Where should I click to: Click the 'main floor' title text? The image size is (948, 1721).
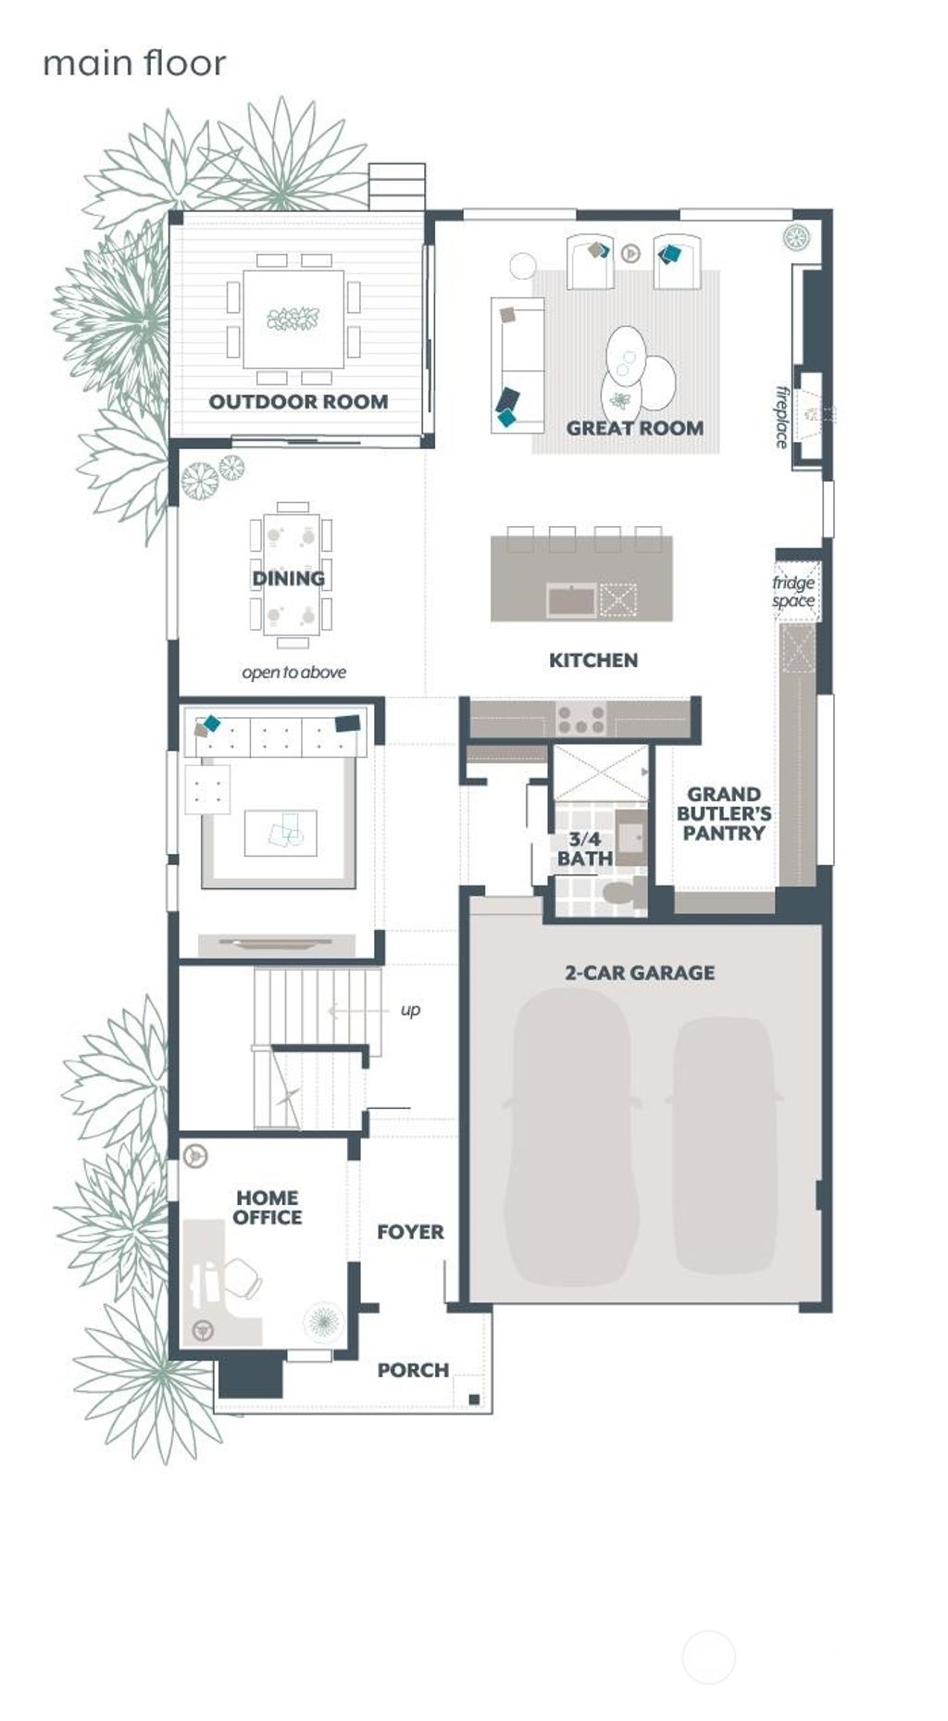134,64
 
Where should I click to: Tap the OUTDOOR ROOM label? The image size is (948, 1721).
298,402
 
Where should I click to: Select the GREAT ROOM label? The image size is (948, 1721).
635,428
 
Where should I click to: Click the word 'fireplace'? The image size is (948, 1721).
783,417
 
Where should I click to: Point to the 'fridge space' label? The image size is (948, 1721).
793,592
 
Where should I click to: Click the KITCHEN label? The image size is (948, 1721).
593,660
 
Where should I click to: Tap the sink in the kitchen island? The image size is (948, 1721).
571,600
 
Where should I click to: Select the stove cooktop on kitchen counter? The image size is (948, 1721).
580,718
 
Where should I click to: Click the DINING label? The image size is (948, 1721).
289,578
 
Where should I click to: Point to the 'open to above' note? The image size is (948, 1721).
294,672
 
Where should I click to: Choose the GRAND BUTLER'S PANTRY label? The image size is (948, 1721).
724,813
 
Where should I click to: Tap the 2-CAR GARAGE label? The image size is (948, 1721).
640,973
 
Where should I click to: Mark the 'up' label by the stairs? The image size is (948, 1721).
410,1010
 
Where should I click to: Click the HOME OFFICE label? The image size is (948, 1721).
268,1208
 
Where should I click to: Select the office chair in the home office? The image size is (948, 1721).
243,1278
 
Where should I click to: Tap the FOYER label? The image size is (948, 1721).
410,1232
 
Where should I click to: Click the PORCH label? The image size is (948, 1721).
413,1370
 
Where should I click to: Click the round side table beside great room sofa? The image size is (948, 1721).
523,266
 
